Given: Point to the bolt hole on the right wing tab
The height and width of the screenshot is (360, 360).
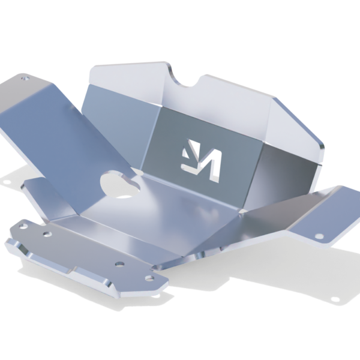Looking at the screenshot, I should click(x=319, y=235).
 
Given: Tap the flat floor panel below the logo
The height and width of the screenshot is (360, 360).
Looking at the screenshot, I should click(x=180, y=210).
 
